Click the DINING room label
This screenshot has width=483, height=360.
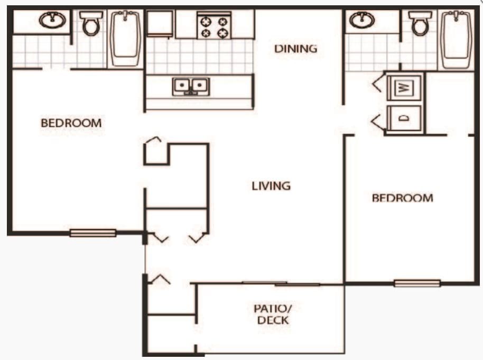click(x=295, y=49)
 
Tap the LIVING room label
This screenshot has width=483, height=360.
click(x=271, y=186)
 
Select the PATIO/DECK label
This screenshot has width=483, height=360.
click(x=273, y=314)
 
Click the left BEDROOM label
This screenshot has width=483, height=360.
click(x=71, y=123)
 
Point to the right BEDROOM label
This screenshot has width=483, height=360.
click(x=402, y=198)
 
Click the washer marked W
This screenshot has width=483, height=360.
click(x=404, y=87)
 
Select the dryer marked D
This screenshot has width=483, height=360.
click(x=404, y=118)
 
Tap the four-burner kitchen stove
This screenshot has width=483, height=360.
click(x=214, y=27)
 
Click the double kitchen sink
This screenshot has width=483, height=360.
click(x=191, y=86)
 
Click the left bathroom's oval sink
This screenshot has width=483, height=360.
click(x=52, y=21)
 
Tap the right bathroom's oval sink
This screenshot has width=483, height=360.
click(x=361, y=21)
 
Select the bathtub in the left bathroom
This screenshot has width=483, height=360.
click(x=125, y=39)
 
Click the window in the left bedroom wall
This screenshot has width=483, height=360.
click(x=92, y=233)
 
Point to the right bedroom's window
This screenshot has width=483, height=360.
click(x=417, y=283)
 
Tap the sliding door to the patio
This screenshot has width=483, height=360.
click(x=281, y=284)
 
